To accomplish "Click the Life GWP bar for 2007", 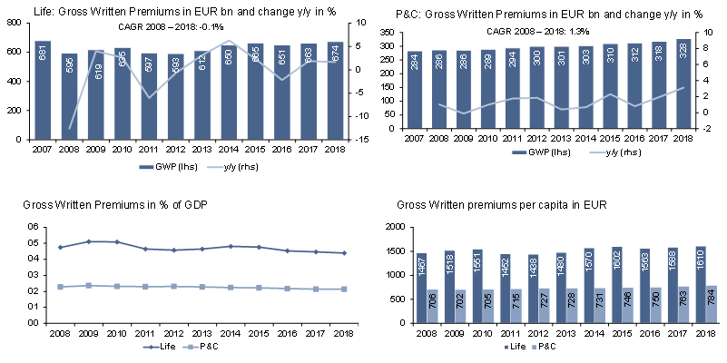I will (x=43, y=90).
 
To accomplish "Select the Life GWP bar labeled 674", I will (x=335, y=91).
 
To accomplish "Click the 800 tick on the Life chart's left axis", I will (x=15, y=22).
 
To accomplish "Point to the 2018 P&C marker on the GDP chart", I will (x=343, y=289).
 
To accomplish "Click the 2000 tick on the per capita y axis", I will (x=389, y=227).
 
